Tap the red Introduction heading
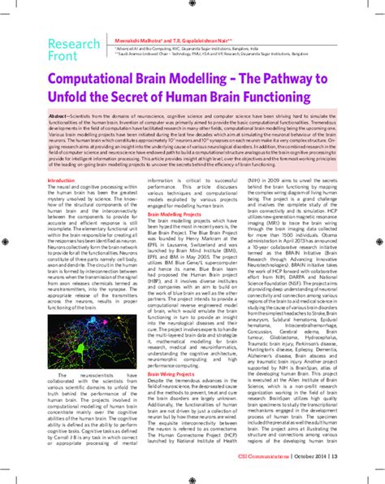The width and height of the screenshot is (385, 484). pyautogui.click(x=62, y=202)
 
